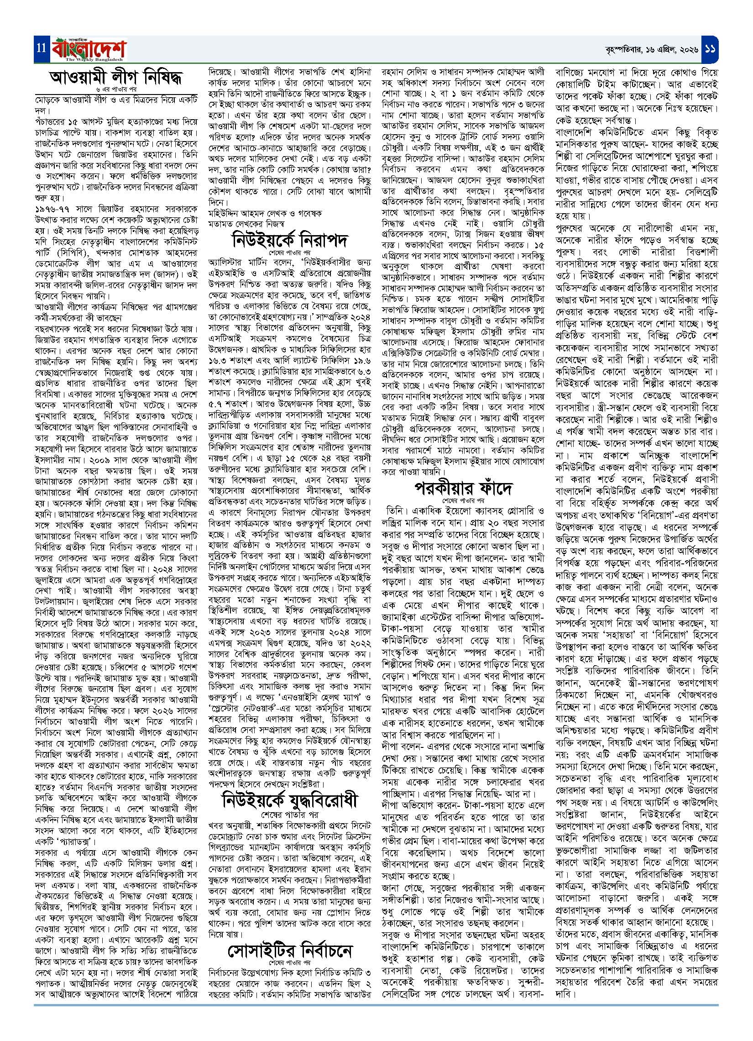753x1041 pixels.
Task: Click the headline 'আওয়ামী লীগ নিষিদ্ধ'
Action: (x=117, y=78)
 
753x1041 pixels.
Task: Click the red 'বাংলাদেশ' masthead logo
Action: (x=87, y=47)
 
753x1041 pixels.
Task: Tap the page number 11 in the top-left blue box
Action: (x=40, y=48)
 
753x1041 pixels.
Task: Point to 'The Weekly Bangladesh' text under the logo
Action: (x=94, y=59)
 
